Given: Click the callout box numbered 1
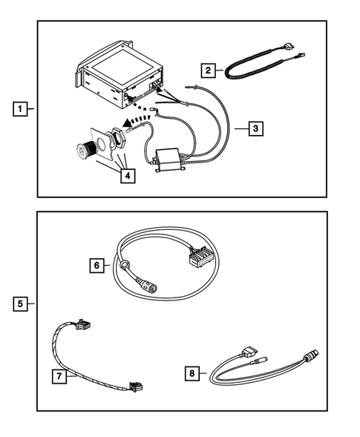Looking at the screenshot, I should tap(23, 108).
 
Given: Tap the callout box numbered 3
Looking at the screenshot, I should tap(255, 128).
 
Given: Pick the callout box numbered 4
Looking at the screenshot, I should tap(128, 177).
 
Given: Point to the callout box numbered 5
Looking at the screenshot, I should tap(23, 303).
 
